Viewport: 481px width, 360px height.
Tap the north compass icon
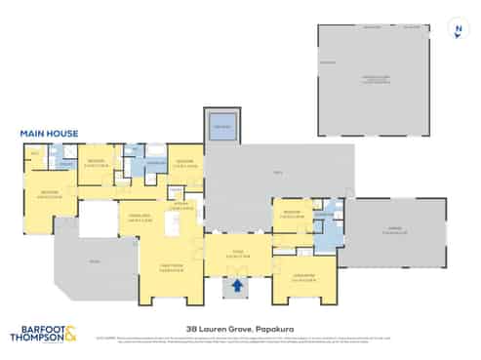click(458, 28)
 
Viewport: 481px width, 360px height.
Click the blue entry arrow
click(234, 287)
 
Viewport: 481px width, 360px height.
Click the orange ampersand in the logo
click(72, 336)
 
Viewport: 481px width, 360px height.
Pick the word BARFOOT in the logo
click(36, 329)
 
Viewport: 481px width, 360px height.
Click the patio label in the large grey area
click(277, 174)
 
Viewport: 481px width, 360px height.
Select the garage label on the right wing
click(394, 232)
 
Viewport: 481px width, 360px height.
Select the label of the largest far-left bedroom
click(49, 194)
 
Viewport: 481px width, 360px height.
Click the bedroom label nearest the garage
click(291, 214)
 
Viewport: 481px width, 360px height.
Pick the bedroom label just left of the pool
click(185, 163)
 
